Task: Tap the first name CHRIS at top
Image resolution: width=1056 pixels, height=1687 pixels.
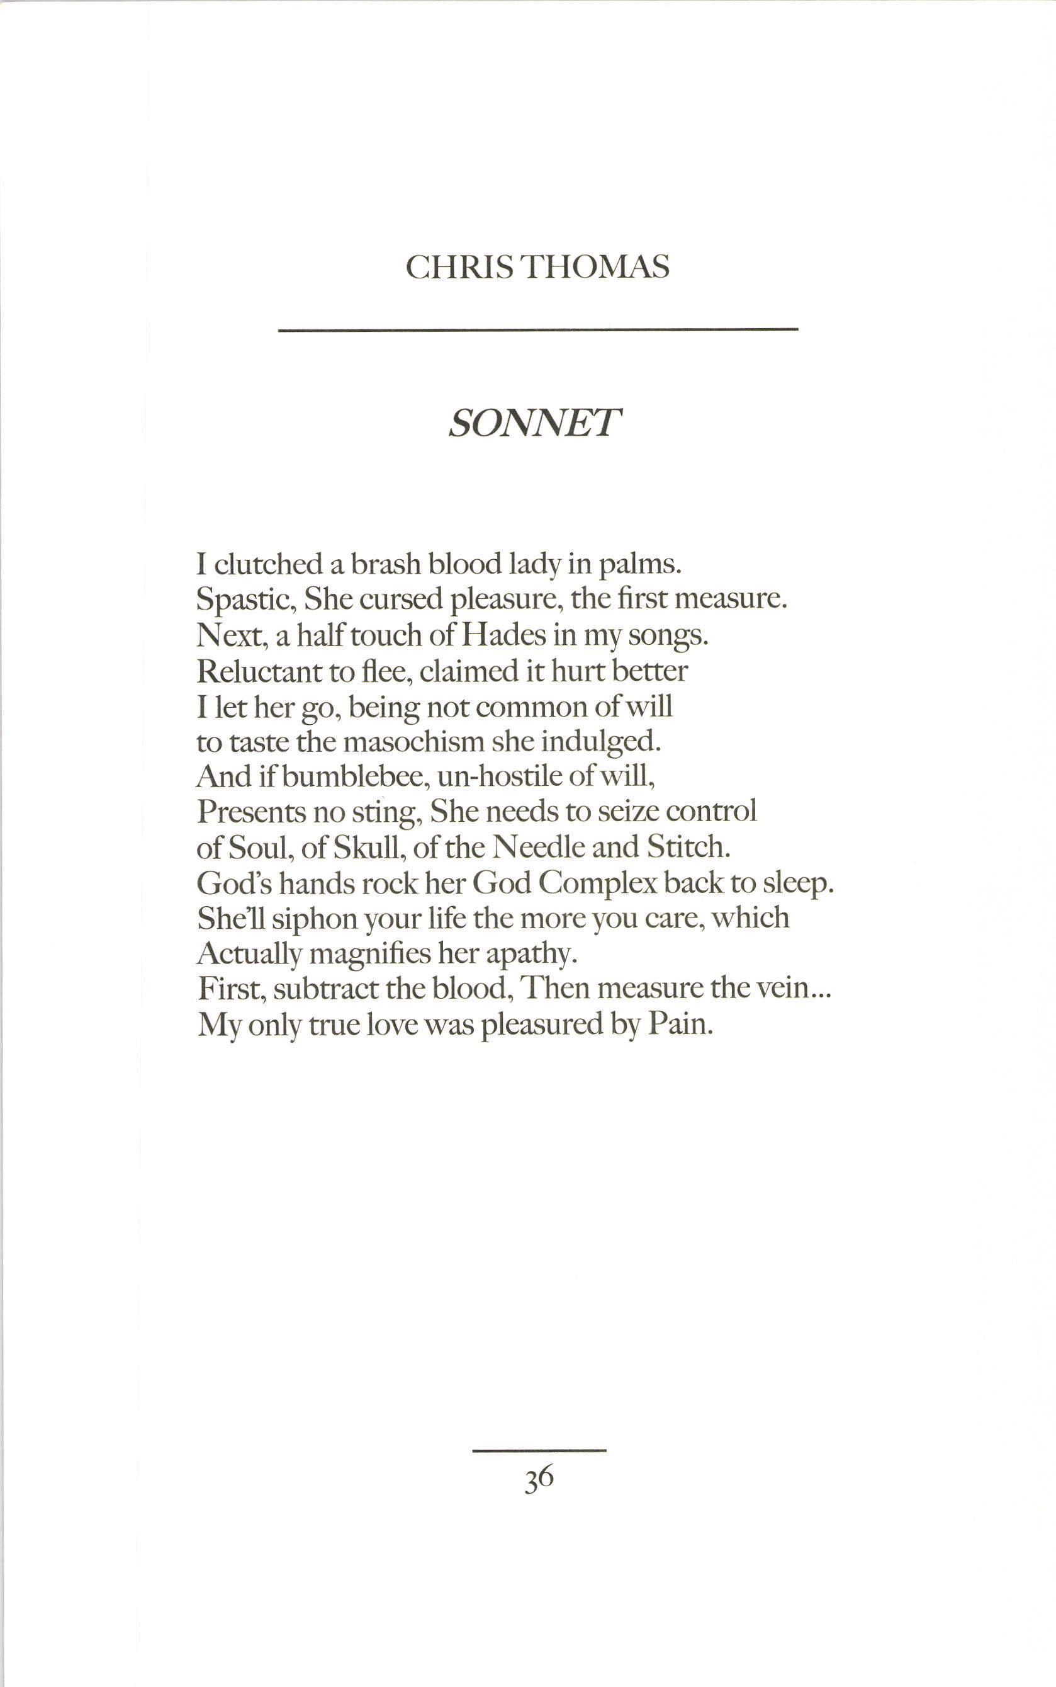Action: [x=460, y=268]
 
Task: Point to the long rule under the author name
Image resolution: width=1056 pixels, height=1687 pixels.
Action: [x=538, y=329]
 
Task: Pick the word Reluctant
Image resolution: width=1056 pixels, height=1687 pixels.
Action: [x=259, y=671]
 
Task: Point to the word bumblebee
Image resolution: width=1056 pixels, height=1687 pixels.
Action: [x=356, y=777]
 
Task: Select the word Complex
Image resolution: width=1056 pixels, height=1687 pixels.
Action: [x=598, y=884]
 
